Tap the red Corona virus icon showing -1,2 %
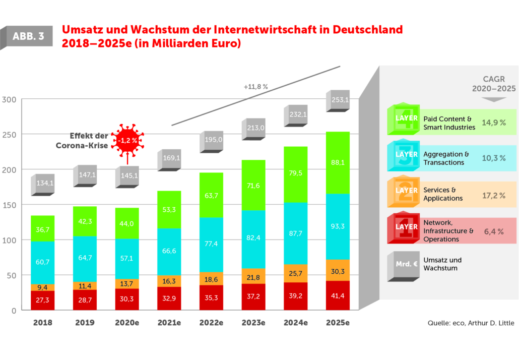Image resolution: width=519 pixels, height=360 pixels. tap(127, 141)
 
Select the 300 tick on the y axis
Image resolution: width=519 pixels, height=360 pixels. tap(9, 99)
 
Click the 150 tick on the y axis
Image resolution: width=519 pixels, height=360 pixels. tap(9, 205)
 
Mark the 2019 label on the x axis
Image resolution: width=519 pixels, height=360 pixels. tap(85, 322)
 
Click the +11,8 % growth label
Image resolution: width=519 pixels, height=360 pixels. tap(255, 87)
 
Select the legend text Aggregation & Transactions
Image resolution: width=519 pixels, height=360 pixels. tap(446, 158)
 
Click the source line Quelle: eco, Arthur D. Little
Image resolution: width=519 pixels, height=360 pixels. tap(471, 323)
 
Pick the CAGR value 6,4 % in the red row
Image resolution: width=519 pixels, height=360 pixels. tap(494, 230)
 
